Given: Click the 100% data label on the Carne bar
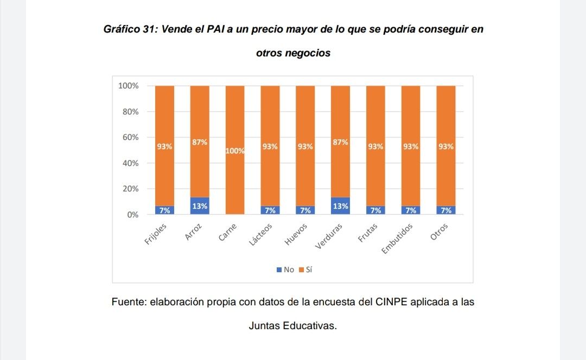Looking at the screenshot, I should [x=235, y=151].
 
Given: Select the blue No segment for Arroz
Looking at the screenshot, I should [x=200, y=206].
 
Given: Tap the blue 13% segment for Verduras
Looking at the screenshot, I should [x=340, y=206].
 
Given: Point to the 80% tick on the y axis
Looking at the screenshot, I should [x=129, y=112].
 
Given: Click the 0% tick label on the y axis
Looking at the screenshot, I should [x=132, y=215].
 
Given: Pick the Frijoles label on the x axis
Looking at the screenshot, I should [x=158, y=234].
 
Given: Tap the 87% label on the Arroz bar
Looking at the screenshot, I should [x=200, y=142].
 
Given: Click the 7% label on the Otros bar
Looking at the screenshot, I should [x=446, y=210].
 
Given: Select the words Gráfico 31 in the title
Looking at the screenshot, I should [x=129, y=29].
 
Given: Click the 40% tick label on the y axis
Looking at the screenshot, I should [x=129, y=163].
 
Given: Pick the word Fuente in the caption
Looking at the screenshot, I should [x=128, y=302].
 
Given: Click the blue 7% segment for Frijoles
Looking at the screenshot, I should [x=164, y=210].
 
